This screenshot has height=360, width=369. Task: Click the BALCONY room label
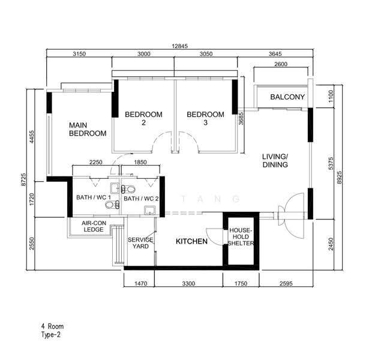pyautogui.click(x=287, y=97)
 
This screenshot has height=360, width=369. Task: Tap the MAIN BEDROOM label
pyautogui.click(x=88, y=129)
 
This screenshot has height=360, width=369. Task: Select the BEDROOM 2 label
pyautogui.click(x=143, y=118)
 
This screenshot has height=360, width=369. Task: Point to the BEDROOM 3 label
pyautogui.click(x=205, y=118)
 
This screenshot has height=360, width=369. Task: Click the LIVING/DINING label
pyautogui.click(x=275, y=160)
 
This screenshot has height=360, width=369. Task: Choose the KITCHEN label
pyautogui.click(x=191, y=241)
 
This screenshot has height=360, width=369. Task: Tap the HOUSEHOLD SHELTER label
pyautogui.click(x=241, y=237)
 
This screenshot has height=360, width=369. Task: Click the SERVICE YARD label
pyautogui.click(x=140, y=243)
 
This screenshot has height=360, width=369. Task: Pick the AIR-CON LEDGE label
pyautogui.click(x=94, y=226)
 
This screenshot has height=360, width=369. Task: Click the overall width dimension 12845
pyautogui.click(x=180, y=46)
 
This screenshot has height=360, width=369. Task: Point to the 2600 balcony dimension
pyautogui.click(x=281, y=64)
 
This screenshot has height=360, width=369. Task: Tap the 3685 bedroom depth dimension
pyautogui.click(x=241, y=118)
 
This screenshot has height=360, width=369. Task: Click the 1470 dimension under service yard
pyautogui.click(x=141, y=283)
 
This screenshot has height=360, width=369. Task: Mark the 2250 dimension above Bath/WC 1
pyautogui.click(x=96, y=162)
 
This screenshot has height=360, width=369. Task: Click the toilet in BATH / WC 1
pyautogui.click(x=112, y=205)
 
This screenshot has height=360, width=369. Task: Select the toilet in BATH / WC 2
pyautogui.click(x=128, y=189)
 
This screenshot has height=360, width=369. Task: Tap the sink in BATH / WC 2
pyautogui.click(x=149, y=211)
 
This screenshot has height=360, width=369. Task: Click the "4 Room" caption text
pyautogui.click(x=52, y=326)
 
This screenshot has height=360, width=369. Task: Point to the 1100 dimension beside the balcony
pyautogui.click(x=331, y=96)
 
